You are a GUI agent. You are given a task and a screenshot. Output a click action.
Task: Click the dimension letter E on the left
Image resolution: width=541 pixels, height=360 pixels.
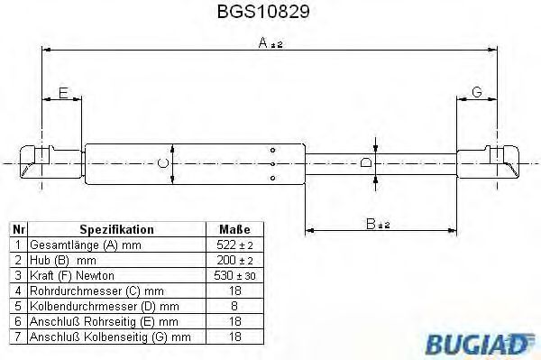coord(62,93)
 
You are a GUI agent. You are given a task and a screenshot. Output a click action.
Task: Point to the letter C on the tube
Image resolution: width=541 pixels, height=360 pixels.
coord(162,163)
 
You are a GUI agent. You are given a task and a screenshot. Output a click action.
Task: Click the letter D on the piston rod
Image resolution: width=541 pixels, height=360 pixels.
coord(365,162)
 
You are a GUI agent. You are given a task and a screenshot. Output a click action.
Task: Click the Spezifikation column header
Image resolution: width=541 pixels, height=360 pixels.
coord(116,230)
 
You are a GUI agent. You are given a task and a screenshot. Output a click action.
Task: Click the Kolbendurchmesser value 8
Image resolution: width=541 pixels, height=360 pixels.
coord(234,307)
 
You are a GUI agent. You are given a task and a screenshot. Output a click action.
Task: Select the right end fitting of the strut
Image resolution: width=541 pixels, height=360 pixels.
coord(497,162)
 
